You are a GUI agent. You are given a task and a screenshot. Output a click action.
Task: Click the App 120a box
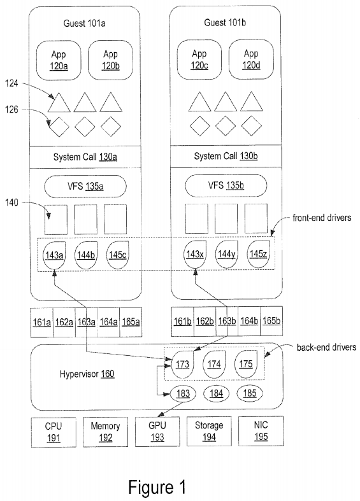point(59,60)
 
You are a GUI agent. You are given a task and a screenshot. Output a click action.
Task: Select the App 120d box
point(251,59)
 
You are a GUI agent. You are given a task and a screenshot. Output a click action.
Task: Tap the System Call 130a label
point(85,157)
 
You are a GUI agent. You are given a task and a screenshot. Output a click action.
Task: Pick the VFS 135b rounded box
point(226,186)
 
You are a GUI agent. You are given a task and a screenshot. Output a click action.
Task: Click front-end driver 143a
point(54,255)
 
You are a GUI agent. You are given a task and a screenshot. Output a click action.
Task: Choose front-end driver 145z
point(258,254)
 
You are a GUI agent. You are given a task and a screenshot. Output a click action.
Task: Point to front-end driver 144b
point(86,255)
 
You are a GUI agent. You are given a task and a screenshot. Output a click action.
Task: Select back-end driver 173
point(183,365)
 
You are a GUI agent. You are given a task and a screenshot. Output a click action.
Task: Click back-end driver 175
point(246,364)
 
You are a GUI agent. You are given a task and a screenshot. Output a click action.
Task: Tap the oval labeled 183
point(183,393)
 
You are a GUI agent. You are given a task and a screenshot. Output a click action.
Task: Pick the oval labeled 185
point(249,393)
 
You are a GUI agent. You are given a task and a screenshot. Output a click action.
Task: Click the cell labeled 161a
point(42,322)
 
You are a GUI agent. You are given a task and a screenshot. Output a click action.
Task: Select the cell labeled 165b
point(271,321)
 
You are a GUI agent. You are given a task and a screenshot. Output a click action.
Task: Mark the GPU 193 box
point(157,432)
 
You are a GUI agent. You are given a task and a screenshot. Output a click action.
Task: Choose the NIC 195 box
point(261,431)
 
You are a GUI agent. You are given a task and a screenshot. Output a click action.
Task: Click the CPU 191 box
point(54,432)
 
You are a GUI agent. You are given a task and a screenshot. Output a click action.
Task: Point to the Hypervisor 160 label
point(87,374)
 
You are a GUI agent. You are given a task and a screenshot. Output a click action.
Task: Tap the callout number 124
point(11,83)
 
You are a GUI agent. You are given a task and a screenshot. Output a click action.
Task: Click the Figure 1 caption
point(157,487)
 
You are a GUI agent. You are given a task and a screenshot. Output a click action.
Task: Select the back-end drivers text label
point(326,348)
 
